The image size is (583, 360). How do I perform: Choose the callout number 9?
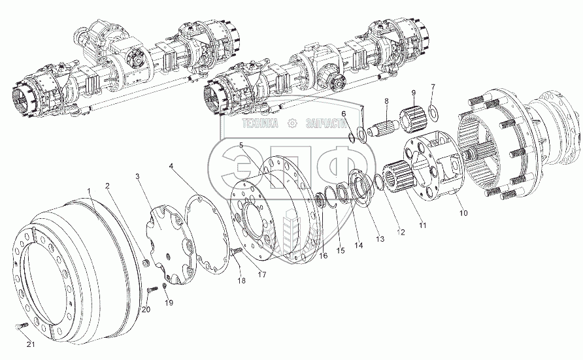coord(432,86)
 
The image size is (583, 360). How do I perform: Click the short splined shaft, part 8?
coord(386,125)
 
